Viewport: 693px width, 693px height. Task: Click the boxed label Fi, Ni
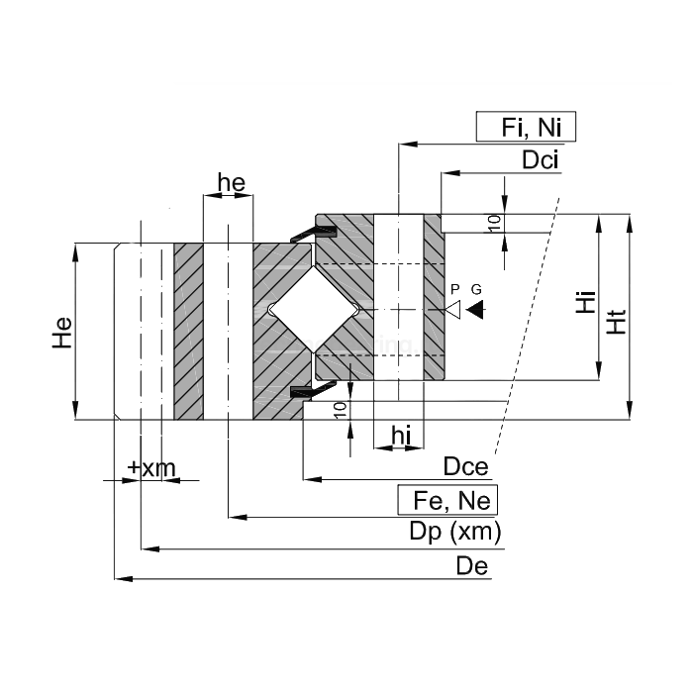pyautogui.click(x=526, y=128)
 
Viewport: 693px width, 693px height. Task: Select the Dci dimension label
pyautogui.click(x=543, y=159)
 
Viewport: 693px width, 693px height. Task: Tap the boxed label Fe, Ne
pyautogui.click(x=446, y=498)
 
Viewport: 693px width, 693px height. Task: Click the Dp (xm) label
pyautogui.click(x=455, y=532)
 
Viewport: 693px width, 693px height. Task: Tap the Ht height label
pyautogui.click(x=616, y=316)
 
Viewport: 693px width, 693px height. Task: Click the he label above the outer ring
pyautogui.click(x=231, y=182)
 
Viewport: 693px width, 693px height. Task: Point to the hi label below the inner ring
pyautogui.click(x=400, y=434)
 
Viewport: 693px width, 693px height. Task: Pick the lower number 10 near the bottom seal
pyautogui.click(x=341, y=409)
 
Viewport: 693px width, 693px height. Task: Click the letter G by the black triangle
pyautogui.click(x=477, y=288)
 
